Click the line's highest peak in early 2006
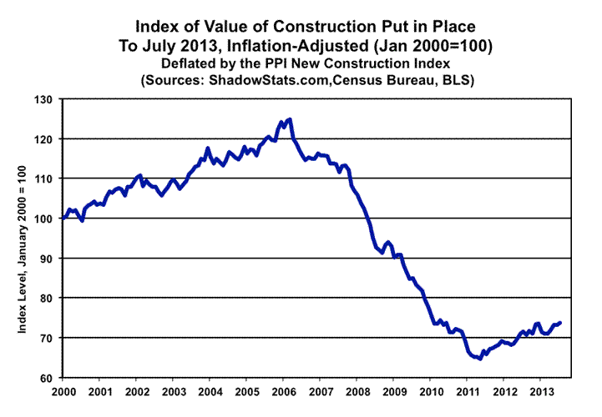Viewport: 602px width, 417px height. (x=289, y=119)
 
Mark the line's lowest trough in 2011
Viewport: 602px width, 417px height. (x=479, y=359)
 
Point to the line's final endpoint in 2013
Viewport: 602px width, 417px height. (x=559, y=322)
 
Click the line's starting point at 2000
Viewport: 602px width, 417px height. (x=63, y=219)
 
